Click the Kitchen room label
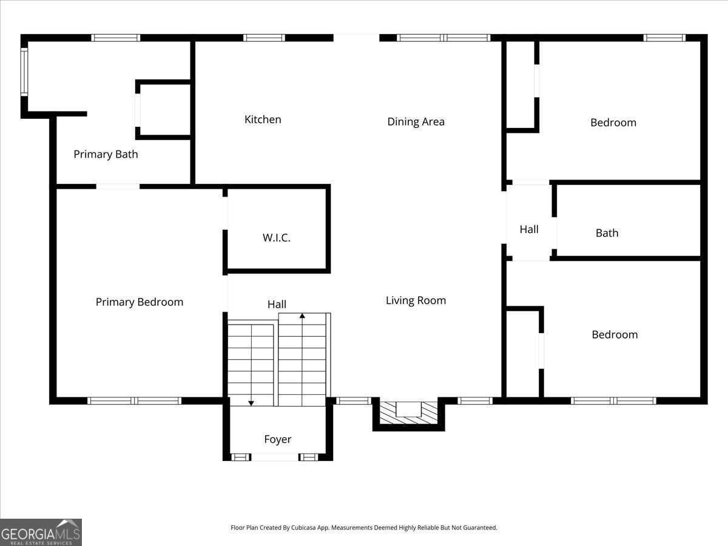point(263,120)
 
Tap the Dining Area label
point(416,122)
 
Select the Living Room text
point(416,300)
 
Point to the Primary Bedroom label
point(139,302)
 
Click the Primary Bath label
point(106,154)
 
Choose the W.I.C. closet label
point(276,238)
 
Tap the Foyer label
point(277,439)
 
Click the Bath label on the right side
point(607,233)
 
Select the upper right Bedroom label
point(613,123)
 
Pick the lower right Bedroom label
point(614,335)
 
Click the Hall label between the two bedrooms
point(528,229)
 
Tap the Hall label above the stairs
point(277,305)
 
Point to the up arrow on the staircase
point(302,317)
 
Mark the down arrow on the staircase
point(251,402)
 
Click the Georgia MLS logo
point(41,532)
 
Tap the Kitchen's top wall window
point(264,38)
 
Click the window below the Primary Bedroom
point(134,400)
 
